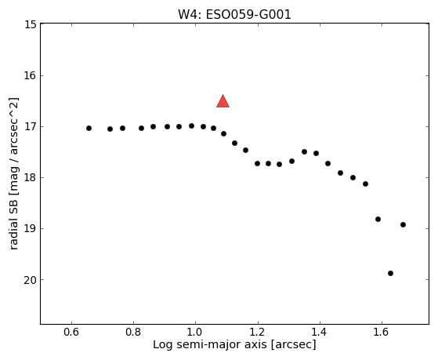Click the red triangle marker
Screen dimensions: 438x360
(223, 101)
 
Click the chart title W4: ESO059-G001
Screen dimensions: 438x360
(234, 15)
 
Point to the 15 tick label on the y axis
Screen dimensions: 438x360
(31, 24)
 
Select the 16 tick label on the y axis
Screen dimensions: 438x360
(31, 75)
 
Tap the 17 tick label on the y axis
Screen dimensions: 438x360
(31, 127)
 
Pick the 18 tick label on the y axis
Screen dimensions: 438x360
(31, 177)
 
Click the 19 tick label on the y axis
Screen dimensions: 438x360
(31, 229)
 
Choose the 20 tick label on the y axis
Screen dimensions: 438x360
(31, 280)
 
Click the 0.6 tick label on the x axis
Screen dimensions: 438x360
(71, 332)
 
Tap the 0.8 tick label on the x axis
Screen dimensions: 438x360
(133, 332)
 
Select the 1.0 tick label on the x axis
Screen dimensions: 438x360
(195, 332)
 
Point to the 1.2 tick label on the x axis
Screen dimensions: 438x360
(257, 332)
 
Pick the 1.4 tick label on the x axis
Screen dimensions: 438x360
(319, 332)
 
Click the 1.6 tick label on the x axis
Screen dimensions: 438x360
(382, 332)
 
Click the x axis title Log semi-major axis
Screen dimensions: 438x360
(210, 344)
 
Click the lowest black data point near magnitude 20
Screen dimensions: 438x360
(390, 273)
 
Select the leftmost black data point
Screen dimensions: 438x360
(89, 128)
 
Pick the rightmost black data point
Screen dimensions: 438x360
(403, 224)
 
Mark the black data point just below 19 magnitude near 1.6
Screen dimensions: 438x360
(378, 219)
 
